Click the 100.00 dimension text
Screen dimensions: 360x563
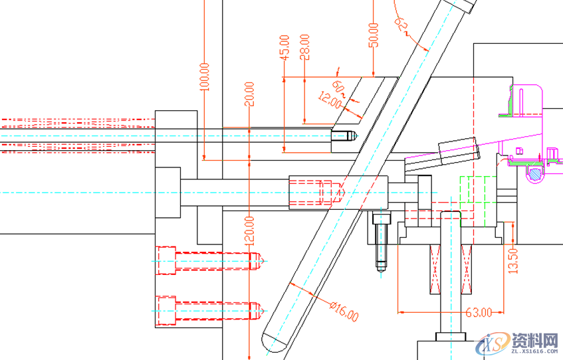[x=204, y=76]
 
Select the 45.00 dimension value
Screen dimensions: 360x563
[x=284, y=48]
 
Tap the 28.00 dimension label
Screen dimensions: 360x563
[x=304, y=47]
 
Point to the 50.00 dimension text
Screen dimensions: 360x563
[x=373, y=35]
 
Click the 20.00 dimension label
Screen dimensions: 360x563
[x=249, y=94]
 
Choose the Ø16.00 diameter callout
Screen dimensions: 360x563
[x=344, y=310]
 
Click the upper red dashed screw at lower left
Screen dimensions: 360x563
[x=206, y=260]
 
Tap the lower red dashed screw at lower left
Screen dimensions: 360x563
[x=206, y=310]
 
